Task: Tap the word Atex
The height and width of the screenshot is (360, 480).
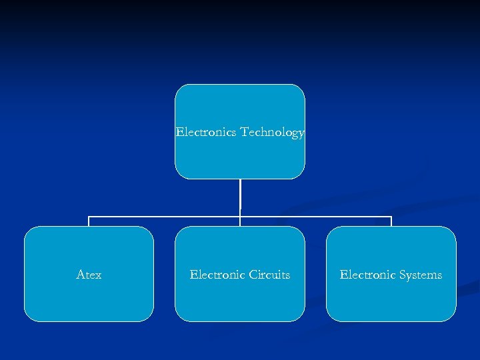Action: (x=89, y=275)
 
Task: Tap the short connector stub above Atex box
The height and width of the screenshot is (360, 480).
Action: (x=89, y=221)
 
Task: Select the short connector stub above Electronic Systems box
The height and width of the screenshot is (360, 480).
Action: (x=391, y=221)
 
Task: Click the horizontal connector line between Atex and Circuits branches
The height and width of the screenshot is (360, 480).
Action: (x=165, y=217)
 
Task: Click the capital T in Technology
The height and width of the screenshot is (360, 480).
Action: (x=245, y=132)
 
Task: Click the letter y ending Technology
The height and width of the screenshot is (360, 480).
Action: (x=301, y=133)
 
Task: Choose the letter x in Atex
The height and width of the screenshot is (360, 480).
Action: (x=98, y=275)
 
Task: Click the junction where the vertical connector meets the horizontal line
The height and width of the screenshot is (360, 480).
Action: (x=240, y=217)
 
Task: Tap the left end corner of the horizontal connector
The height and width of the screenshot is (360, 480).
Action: (x=89, y=217)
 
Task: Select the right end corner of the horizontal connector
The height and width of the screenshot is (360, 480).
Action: (x=391, y=217)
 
